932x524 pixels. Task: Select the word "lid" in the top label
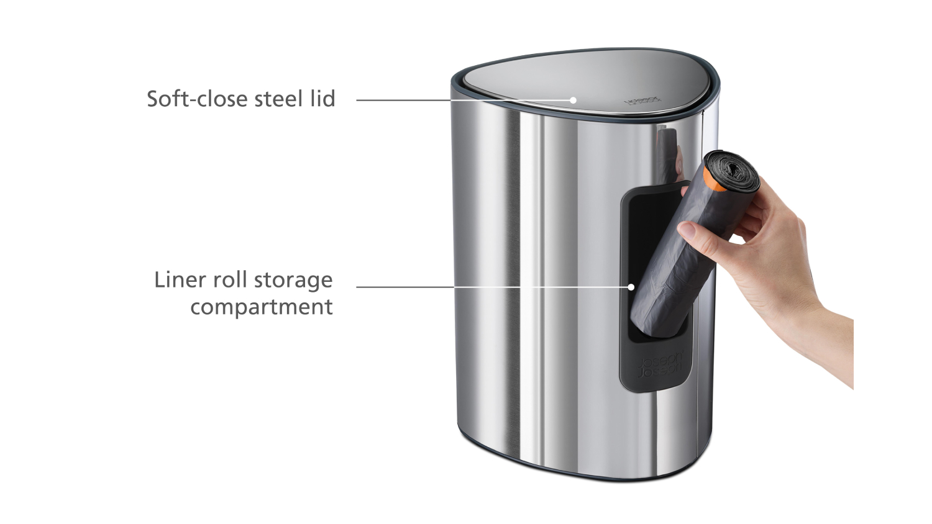click(322, 99)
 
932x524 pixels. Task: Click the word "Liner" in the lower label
click(180, 279)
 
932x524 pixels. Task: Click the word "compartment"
click(261, 307)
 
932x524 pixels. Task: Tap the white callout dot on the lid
click(573, 100)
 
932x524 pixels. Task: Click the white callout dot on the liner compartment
click(631, 287)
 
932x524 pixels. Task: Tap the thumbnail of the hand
click(687, 230)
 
